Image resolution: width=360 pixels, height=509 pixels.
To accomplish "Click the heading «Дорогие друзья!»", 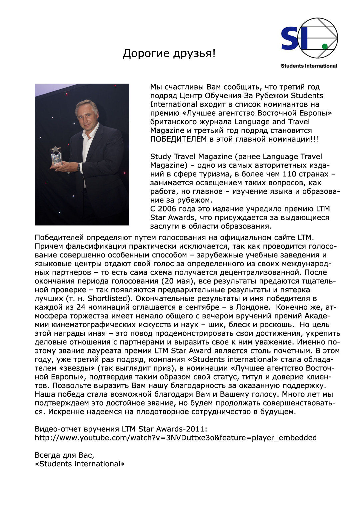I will pos(169,53).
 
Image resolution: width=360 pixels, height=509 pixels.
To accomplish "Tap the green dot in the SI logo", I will pos(325,46).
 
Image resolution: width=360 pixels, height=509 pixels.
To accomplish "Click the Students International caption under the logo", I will pos(309,66).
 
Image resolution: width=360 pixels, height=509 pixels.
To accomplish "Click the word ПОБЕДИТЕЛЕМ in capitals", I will pos(178,139).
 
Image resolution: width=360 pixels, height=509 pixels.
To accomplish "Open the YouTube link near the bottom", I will pos(176,438).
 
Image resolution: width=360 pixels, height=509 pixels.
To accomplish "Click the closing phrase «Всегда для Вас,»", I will pos(64,455).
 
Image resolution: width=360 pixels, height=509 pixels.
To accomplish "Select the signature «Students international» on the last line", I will pos(80,464).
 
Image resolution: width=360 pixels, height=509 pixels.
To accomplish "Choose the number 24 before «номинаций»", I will pos(81,307).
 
